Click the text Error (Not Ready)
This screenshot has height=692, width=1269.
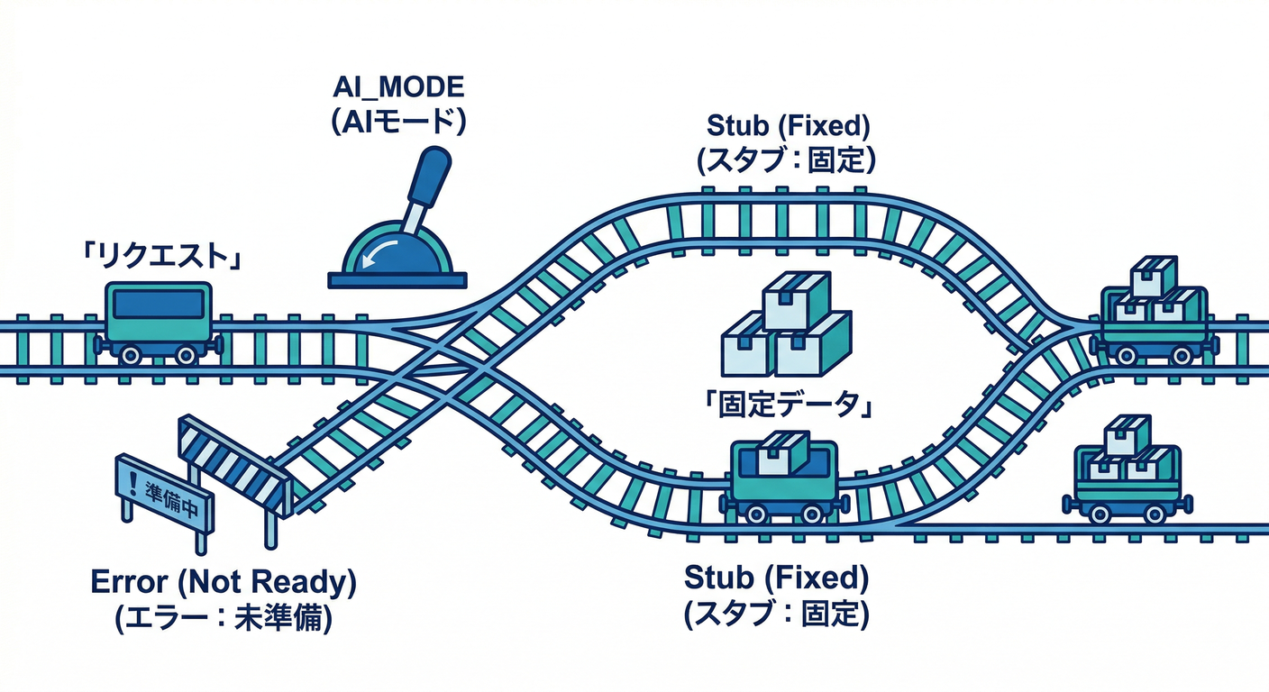pyautogui.click(x=224, y=583)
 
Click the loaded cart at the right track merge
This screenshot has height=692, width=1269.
pyautogui.click(x=1154, y=315)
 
